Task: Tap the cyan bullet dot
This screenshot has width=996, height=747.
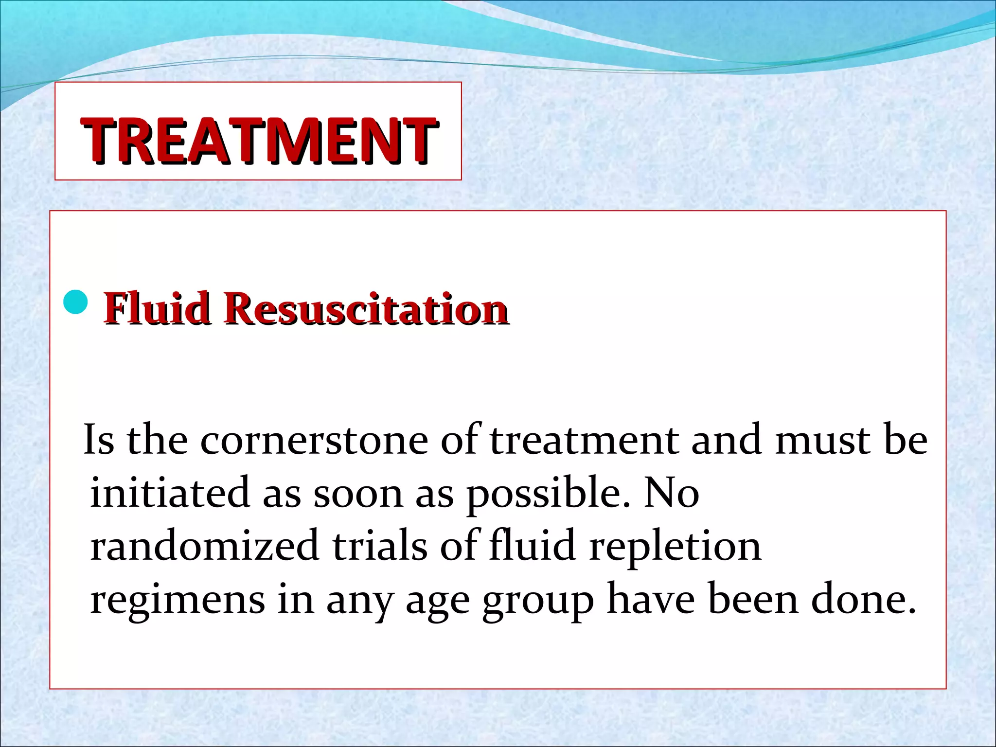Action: pos(76,302)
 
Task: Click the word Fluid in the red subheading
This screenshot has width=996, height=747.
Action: pos(157,308)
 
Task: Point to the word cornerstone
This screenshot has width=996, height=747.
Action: pos(314,440)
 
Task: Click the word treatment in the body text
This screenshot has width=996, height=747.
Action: pos(584,440)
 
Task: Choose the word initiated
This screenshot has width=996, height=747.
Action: pos(170,493)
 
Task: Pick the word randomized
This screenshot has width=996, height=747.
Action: pos(204,546)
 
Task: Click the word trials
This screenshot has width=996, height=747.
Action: pos(380,546)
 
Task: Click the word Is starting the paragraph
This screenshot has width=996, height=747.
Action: pos(99,440)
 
